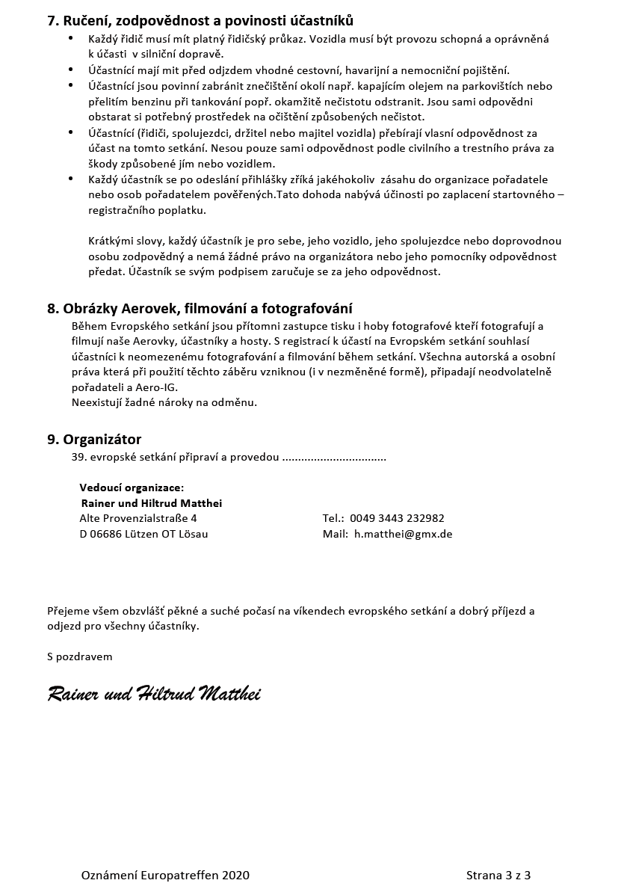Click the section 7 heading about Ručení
click(200, 20)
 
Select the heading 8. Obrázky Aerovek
click(200, 308)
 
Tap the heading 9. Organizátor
click(94, 439)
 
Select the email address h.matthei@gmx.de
click(403, 534)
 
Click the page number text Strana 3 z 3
click(498, 875)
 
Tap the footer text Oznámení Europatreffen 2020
click(165, 875)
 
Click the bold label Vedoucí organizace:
click(132, 488)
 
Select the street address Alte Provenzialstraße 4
click(138, 518)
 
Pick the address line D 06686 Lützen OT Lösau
click(143, 534)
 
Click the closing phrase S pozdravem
click(80, 656)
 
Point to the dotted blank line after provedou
click(334, 457)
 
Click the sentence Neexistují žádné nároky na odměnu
click(164, 402)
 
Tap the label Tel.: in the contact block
click(333, 518)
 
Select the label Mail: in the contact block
click(336, 534)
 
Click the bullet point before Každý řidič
click(70, 38)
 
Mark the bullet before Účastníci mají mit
click(70, 70)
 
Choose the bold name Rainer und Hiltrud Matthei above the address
click(152, 503)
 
